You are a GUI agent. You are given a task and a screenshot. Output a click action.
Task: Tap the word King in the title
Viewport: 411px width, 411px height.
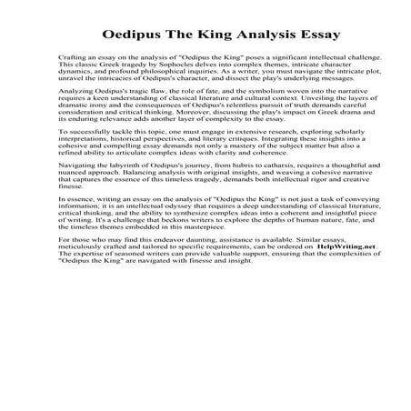(x=195, y=36)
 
